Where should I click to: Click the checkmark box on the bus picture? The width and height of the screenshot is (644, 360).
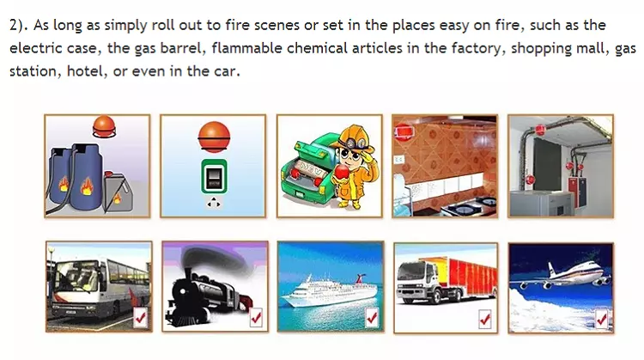tap(140, 317)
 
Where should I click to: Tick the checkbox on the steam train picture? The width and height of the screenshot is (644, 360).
tap(256, 317)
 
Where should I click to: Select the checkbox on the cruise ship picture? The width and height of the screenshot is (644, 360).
tap(372, 317)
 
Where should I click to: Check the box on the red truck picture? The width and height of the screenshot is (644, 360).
tap(484, 319)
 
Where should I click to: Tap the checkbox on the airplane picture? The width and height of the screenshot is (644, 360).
tap(601, 319)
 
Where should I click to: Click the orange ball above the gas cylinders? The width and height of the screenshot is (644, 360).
tap(104, 126)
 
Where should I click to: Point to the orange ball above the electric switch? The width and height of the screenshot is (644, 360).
tap(214, 137)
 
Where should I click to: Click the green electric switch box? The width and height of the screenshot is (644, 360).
tap(214, 176)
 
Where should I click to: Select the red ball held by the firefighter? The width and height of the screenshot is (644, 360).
tap(341, 172)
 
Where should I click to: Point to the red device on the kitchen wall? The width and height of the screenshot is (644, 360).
tap(404, 132)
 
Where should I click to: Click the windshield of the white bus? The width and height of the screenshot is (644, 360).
tap(76, 276)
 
